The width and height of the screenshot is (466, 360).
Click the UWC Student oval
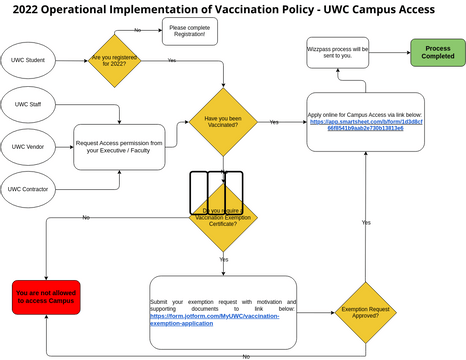(x=28, y=60)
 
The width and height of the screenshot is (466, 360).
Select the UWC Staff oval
(x=28, y=104)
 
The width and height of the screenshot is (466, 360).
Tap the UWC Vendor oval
(x=28, y=147)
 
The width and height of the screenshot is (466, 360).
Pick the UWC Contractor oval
(x=28, y=188)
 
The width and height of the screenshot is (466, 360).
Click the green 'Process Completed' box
(x=438, y=53)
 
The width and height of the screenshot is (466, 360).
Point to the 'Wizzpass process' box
(x=339, y=52)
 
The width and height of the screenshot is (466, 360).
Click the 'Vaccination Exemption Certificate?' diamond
(x=223, y=216)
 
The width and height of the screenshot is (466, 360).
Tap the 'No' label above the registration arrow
(x=137, y=30)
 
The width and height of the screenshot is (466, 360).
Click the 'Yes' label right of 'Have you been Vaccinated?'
(x=274, y=121)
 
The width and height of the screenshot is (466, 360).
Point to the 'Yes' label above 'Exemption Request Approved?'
(x=367, y=222)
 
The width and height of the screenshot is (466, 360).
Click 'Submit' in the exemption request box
(x=164, y=301)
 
